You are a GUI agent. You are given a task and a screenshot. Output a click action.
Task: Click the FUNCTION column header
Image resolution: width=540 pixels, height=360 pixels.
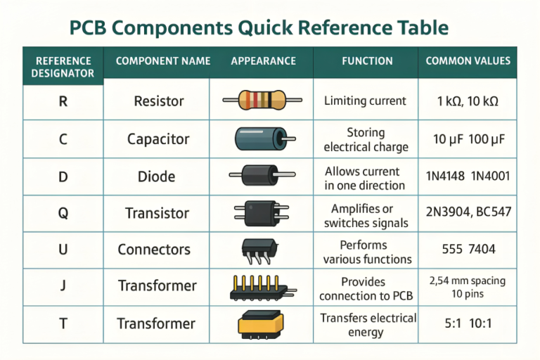pyautogui.click(x=367, y=61)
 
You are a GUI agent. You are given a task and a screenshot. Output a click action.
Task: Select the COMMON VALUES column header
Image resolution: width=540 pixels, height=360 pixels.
pyautogui.click(x=468, y=61)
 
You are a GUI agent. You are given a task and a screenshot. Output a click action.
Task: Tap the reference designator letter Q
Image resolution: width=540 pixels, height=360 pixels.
pyautogui.click(x=63, y=213)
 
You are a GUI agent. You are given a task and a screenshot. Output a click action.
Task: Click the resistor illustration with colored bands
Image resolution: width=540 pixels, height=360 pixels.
pyautogui.click(x=262, y=101)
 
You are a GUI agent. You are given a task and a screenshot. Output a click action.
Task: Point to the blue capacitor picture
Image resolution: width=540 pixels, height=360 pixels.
pyautogui.click(x=265, y=139)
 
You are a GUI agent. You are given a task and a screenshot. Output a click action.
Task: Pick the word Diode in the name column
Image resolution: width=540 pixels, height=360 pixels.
pyautogui.click(x=156, y=176)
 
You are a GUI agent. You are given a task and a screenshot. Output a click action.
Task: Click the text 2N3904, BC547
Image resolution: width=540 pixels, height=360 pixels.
pyautogui.click(x=468, y=212)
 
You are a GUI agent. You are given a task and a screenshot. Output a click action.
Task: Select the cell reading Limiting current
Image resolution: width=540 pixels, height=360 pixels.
pyautogui.click(x=365, y=101)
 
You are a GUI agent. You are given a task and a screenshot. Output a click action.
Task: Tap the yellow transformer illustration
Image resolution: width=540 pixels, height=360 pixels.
pyautogui.click(x=261, y=325)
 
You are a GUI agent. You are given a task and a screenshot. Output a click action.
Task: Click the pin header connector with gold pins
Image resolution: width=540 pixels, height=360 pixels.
pyautogui.click(x=263, y=288)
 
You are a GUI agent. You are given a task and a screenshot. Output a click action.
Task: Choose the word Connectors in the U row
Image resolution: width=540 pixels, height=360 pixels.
pyautogui.click(x=154, y=250)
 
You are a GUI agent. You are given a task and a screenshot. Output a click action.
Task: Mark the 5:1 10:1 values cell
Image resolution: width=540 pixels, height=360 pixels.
pyautogui.click(x=468, y=323)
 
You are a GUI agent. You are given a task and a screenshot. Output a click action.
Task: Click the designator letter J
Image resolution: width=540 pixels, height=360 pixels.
pyautogui.click(x=63, y=285)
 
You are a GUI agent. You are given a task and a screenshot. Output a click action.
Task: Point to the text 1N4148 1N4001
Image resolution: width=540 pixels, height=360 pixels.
pyautogui.click(x=468, y=176)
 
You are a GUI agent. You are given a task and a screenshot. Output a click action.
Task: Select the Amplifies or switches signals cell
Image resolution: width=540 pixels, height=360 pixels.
pyautogui.click(x=366, y=216)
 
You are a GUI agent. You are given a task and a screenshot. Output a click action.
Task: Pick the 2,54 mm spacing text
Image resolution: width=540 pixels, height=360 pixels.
pyautogui.click(x=468, y=281)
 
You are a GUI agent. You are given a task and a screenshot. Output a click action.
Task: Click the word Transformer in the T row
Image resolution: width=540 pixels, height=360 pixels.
pyautogui.click(x=156, y=324)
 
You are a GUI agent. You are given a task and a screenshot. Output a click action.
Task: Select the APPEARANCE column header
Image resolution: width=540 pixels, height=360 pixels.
pyautogui.click(x=264, y=61)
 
